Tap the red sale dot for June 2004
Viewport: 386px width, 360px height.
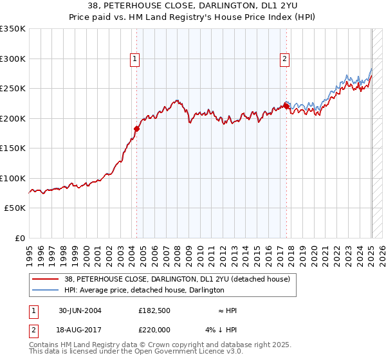[136, 129]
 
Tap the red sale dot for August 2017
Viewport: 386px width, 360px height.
[286, 106]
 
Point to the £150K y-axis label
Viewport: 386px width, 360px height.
[12, 148]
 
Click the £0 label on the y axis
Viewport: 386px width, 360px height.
[19, 238]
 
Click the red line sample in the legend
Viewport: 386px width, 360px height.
[46, 279]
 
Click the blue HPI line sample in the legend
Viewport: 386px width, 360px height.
[46, 290]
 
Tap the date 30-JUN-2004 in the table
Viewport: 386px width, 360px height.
[80, 310]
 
